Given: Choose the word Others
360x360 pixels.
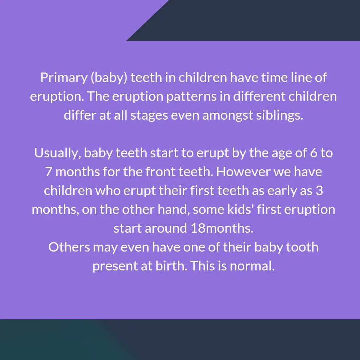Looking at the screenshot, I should [x=69, y=248].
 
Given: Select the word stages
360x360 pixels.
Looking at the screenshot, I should [x=146, y=116].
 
